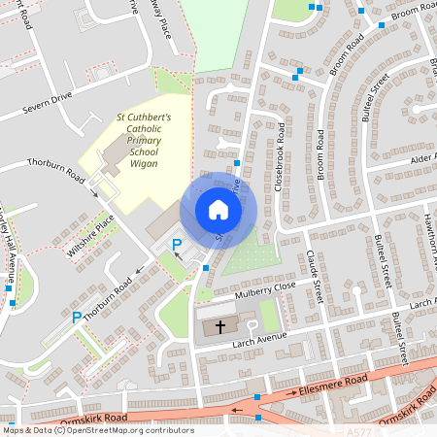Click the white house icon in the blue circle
[218, 210]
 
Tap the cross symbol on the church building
[220, 327]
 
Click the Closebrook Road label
[280, 156]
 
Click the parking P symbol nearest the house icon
[177, 244]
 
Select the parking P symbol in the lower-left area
[77, 317]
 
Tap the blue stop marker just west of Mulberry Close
[206, 266]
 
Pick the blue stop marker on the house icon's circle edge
[236, 164]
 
